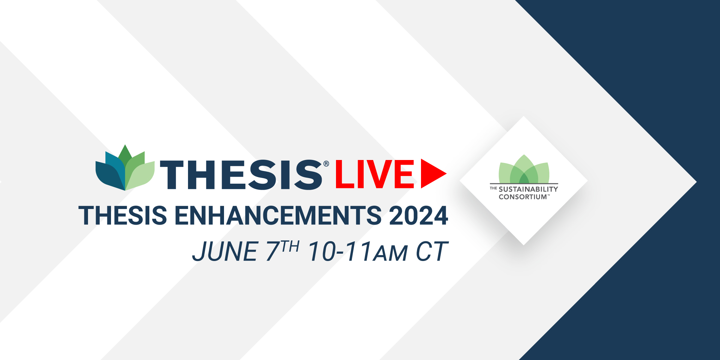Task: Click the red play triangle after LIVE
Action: (x=432, y=173)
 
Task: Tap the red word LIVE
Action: (x=374, y=174)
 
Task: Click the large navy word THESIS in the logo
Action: (x=241, y=175)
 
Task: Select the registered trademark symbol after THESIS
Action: (x=326, y=164)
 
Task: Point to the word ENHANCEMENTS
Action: (x=278, y=215)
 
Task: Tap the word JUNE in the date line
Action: (x=225, y=251)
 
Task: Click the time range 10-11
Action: (x=340, y=251)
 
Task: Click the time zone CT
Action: (x=432, y=251)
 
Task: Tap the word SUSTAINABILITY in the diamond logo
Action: (x=528, y=189)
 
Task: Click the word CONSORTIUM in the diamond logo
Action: (x=523, y=197)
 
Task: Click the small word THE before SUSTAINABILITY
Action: (x=493, y=188)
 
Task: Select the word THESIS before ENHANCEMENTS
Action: (x=123, y=215)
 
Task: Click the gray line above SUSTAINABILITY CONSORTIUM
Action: (x=524, y=184)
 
